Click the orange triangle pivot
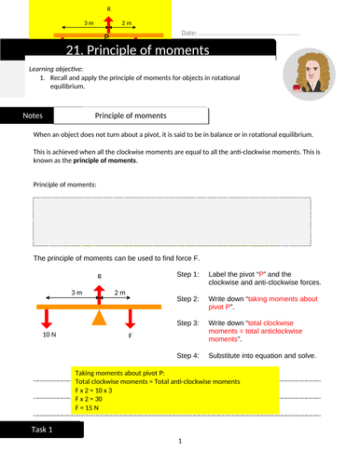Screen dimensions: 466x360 tap(99, 317)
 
